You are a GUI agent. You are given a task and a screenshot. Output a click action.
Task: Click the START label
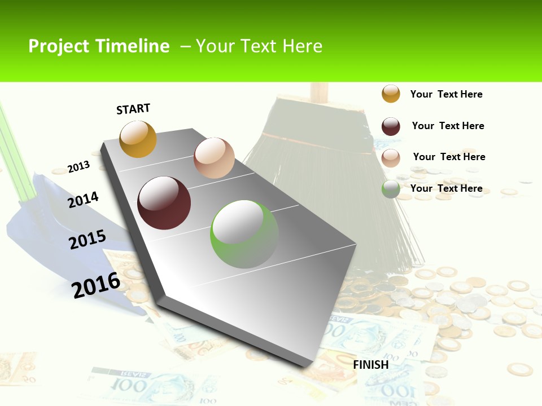click(x=133, y=109)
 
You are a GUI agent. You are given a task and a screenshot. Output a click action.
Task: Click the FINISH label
click(x=371, y=365)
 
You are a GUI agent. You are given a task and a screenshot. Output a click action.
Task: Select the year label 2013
click(x=78, y=167)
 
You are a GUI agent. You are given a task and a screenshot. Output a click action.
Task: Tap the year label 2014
click(x=83, y=200)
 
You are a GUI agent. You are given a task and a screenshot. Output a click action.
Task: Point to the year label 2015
click(x=88, y=240)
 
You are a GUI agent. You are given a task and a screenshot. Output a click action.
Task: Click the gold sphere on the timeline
click(x=138, y=139)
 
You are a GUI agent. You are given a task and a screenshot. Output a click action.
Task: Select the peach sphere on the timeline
click(x=214, y=158)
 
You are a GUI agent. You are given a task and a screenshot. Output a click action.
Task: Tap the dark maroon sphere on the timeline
click(x=164, y=203)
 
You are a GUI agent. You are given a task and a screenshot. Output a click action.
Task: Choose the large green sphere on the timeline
click(x=244, y=234)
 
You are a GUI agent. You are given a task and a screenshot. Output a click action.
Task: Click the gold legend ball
click(x=391, y=94)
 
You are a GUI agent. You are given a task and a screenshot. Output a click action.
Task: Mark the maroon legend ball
click(x=391, y=126)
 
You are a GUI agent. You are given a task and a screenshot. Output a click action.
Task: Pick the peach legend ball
click(x=391, y=158)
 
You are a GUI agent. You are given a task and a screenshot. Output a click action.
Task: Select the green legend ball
click(x=391, y=189)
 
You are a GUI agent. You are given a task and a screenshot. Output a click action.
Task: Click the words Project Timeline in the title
click(x=99, y=46)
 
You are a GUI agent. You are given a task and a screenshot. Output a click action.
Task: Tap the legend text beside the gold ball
click(x=446, y=94)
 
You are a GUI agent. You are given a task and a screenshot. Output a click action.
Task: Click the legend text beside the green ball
click(x=446, y=188)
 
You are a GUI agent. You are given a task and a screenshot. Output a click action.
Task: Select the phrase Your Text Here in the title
click(x=259, y=46)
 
